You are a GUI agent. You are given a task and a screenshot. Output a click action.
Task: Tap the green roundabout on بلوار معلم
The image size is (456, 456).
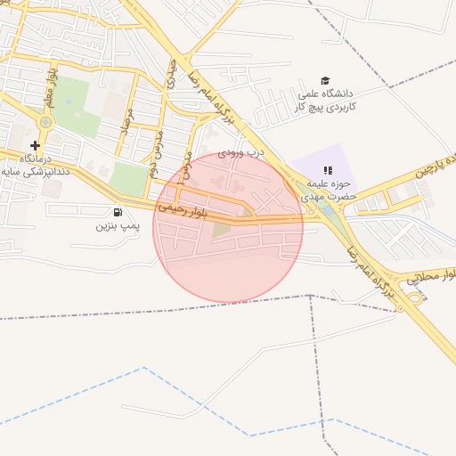[x=46, y=122]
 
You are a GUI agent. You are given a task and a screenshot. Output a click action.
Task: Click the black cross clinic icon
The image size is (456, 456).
[x=35, y=145]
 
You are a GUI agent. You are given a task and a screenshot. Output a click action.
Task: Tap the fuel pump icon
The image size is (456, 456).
[x=118, y=212]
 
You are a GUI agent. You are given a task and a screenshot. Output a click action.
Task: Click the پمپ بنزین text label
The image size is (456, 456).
[x=118, y=226]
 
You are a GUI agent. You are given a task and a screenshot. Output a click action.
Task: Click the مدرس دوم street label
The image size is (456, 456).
[x=157, y=142]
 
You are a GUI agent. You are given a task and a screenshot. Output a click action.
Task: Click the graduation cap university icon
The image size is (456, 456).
[x=325, y=80]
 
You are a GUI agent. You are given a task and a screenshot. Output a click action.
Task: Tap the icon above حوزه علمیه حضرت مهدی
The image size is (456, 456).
[x=327, y=169]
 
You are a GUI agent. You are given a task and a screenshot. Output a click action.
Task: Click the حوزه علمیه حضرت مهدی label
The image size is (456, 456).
[x=327, y=189]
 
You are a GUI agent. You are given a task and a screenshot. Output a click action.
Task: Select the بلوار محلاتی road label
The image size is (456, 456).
[x=432, y=279]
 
